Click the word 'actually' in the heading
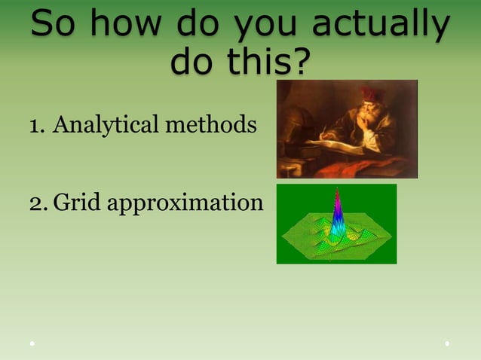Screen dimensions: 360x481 click(x=380, y=26)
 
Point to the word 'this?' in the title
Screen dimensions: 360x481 click(x=271, y=62)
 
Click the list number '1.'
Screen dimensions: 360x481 click(x=37, y=124)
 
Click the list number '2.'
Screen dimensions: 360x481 click(x=38, y=202)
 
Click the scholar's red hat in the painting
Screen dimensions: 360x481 click(x=372, y=94)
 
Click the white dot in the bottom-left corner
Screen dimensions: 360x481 click(x=32, y=343)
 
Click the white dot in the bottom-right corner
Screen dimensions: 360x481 click(x=447, y=343)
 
